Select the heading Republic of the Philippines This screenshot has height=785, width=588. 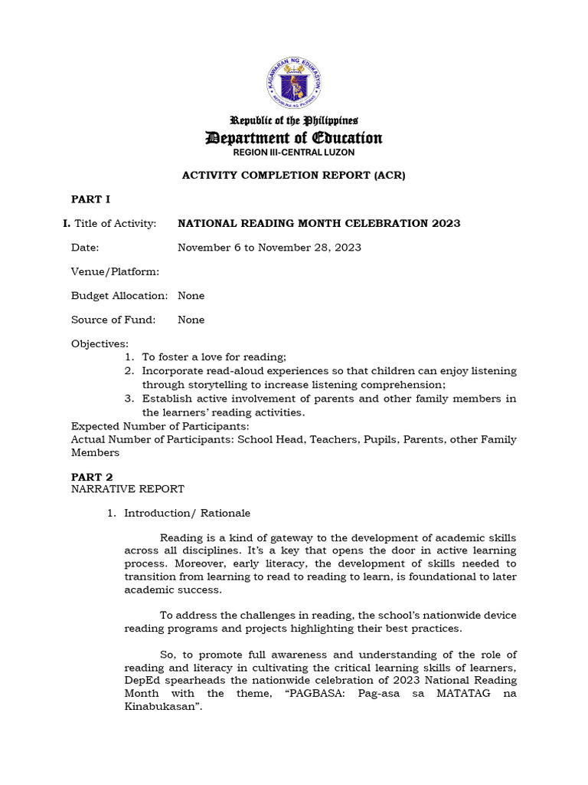tap(294, 120)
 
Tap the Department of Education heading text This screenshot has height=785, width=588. tap(294, 138)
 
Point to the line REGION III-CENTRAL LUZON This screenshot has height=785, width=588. tap(294, 153)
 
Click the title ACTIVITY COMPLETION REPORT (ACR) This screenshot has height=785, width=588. tap(293, 176)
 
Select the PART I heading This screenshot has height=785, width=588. tap(90, 199)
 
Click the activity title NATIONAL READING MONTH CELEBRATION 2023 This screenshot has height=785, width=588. tap(318, 223)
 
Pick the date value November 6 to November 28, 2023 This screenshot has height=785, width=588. tap(269, 248)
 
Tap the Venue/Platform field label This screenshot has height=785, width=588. tap(115, 271)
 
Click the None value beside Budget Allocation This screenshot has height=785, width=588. tap(191, 296)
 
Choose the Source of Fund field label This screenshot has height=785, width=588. tap(113, 320)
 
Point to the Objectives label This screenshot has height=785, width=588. tap(100, 343)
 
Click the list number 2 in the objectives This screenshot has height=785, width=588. tap(129, 371)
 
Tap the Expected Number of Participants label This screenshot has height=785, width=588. tap(160, 426)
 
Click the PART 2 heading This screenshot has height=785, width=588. tap(92, 477)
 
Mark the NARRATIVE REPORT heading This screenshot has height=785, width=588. tap(127, 489)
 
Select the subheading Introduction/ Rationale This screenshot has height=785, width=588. tap(187, 513)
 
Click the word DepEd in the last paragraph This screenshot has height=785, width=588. tap(142, 680)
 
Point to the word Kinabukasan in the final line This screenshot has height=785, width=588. tap(158, 706)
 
